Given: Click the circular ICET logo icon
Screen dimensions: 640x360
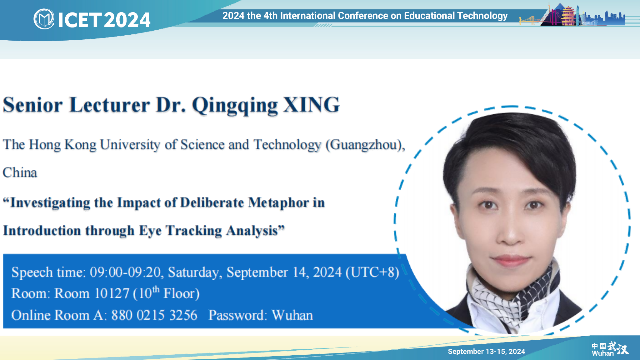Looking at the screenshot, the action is (x=44, y=19).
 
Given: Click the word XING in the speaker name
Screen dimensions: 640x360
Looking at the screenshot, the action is (x=312, y=105).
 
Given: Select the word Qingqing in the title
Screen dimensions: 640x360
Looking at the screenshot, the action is (x=235, y=106).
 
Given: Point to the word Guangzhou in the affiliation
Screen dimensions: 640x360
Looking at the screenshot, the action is (x=364, y=145).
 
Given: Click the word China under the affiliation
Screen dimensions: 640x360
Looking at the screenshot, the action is (x=20, y=172).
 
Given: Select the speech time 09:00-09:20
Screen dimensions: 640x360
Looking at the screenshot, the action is (x=125, y=272).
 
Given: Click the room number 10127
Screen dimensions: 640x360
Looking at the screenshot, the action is (x=112, y=293).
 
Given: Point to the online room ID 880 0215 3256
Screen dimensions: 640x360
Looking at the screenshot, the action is (x=154, y=315).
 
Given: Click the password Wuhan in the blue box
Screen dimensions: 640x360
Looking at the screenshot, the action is (x=292, y=315).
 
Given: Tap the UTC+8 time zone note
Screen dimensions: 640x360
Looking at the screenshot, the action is (x=372, y=272).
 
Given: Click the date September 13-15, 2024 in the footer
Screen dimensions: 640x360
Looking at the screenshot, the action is (x=486, y=352).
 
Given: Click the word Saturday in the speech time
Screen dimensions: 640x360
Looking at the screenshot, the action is (x=195, y=272).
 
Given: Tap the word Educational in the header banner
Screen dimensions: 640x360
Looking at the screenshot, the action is (x=429, y=16).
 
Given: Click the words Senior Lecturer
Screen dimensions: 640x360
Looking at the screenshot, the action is (x=76, y=105).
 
